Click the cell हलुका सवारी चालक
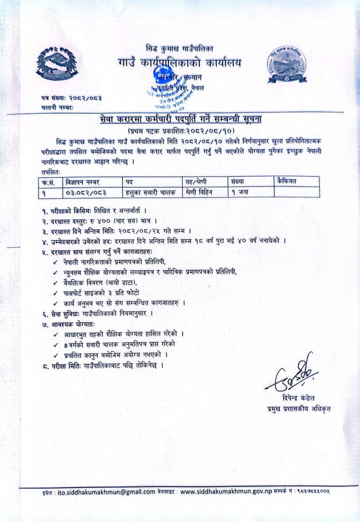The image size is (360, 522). coord(147,192)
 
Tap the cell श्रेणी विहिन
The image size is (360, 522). coord(202,192)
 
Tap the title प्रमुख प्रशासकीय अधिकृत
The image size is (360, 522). coord(299,409)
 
